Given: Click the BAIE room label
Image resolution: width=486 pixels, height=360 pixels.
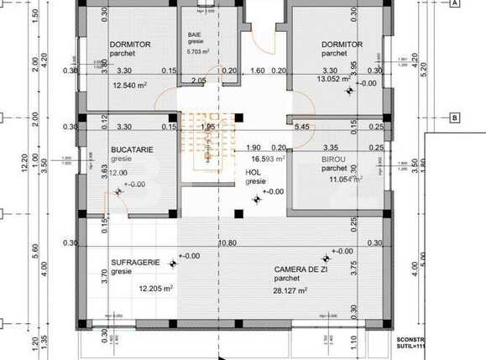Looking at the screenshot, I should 195,34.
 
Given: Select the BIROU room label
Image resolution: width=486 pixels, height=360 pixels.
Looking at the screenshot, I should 333,158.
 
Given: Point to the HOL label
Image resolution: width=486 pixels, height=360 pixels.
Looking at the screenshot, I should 253,172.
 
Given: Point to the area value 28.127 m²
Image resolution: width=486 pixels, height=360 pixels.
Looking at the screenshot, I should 290,290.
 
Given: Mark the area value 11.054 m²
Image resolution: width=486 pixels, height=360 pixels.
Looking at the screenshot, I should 345,179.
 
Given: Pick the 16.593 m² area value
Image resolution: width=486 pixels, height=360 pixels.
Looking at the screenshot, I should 269,158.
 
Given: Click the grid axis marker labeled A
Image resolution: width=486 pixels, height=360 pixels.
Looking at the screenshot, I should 454,3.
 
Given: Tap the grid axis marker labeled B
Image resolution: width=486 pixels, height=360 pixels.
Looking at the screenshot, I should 454,117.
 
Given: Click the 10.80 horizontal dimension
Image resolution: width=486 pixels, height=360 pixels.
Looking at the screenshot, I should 226,243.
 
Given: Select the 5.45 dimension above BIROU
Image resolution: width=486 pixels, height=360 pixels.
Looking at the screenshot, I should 302,127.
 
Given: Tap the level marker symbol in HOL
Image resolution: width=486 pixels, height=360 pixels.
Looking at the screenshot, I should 257,199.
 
